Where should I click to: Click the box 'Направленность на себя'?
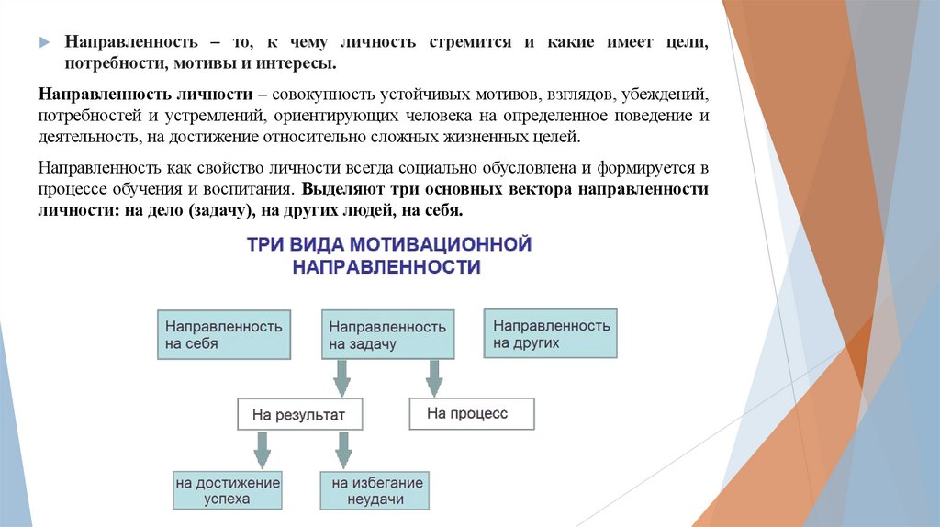pyautogui.click(x=224, y=334)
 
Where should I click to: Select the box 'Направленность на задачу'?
pyautogui.click(x=388, y=335)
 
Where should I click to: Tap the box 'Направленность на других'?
pyautogui.click(x=551, y=333)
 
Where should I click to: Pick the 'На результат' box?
pyautogui.click(x=299, y=415)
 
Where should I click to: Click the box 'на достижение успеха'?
pyautogui.click(x=229, y=491)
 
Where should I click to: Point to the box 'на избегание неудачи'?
pyautogui.click(x=376, y=491)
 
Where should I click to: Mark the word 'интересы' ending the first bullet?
pyautogui.click(x=299, y=65)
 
